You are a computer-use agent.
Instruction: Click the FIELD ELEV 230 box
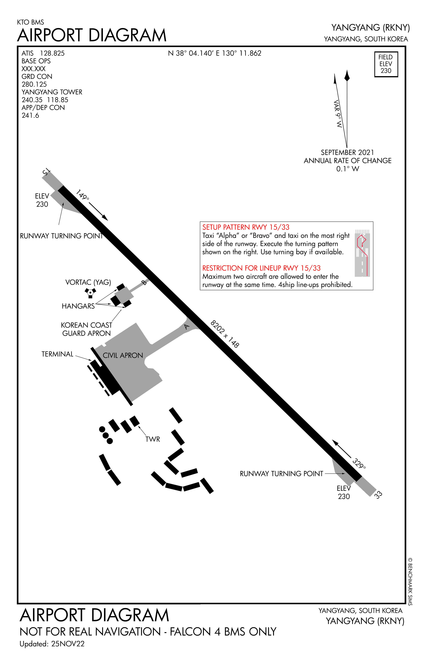pos(386,64)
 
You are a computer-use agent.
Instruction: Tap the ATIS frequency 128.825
pos(52,53)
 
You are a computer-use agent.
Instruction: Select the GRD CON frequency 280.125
pos(34,84)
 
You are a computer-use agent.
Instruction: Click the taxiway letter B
pos(144,283)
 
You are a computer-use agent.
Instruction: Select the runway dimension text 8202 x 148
pos(225,334)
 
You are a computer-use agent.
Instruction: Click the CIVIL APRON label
pos(123,355)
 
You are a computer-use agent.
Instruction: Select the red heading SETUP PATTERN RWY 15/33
pos(246,227)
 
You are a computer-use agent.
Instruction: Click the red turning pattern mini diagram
pos(362,253)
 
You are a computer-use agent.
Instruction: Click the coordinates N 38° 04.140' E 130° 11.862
pos(215,53)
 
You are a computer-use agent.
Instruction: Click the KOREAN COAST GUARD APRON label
pos(86,329)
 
